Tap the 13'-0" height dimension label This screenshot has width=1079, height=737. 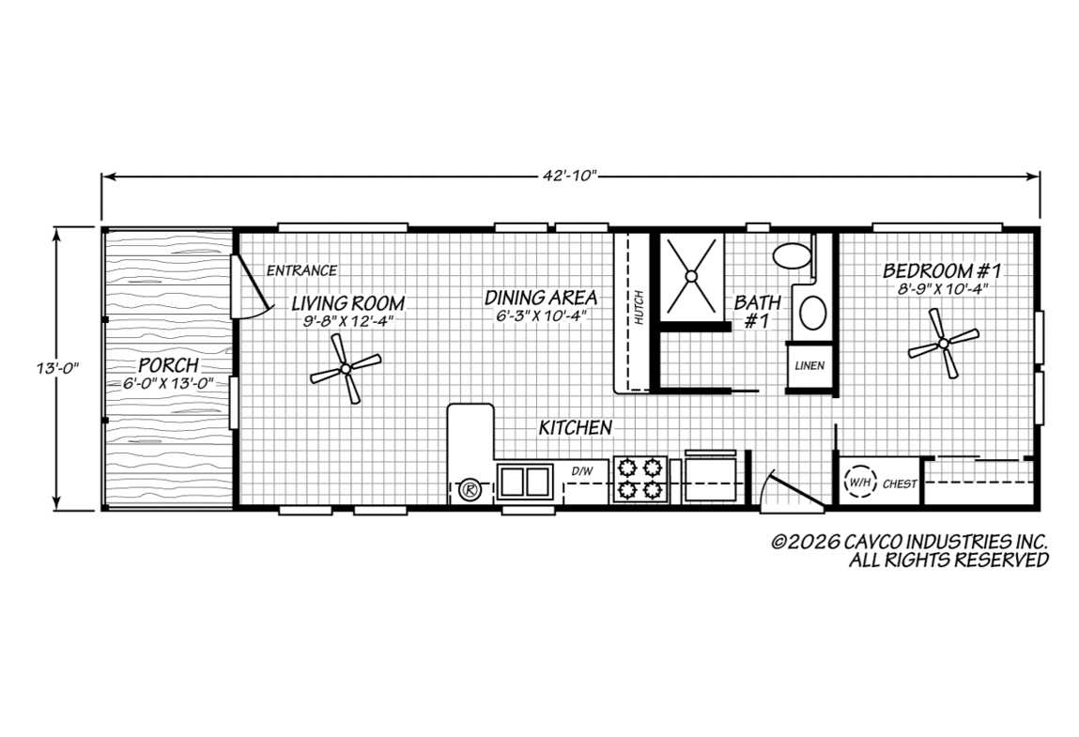(x=58, y=368)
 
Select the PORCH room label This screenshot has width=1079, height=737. (x=169, y=364)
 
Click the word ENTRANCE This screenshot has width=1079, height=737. (x=302, y=270)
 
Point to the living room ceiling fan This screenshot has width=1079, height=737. (x=346, y=370)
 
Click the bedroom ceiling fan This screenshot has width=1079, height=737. (x=944, y=343)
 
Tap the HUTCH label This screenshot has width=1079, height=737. (x=640, y=308)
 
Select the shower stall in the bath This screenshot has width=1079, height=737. (x=691, y=276)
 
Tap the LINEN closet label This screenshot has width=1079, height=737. (x=809, y=365)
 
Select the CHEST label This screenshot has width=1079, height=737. (x=900, y=484)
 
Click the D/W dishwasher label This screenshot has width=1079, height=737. (x=581, y=471)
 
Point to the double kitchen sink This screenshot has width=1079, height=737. (x=525, y=481)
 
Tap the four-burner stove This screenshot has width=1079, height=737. (x=640, y=480)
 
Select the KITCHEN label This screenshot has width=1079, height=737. (x=576, y=427)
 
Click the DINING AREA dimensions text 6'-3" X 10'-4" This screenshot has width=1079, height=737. (x=541, y=315)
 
